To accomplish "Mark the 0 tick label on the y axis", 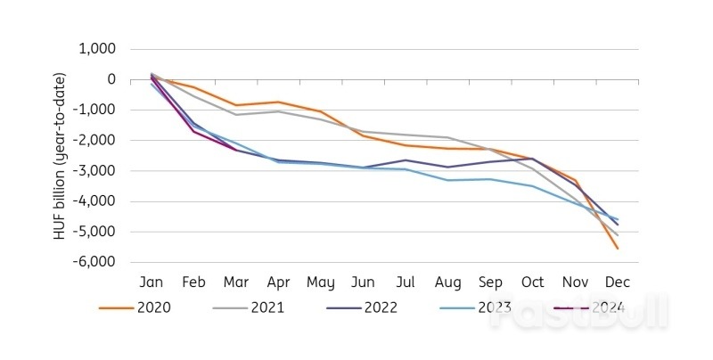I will (x=111, y=80).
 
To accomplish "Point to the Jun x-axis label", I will (x=363, y=282).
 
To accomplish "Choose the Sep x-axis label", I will (x=490, y=282).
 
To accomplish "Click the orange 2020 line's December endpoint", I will (x=617, y=248).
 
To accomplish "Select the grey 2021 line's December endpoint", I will (x=617, y=235).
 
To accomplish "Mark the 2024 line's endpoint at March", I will (x=236, y=150).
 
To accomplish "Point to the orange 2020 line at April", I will (x=278, y=102).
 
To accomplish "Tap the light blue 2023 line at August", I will (x=447, y=180).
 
